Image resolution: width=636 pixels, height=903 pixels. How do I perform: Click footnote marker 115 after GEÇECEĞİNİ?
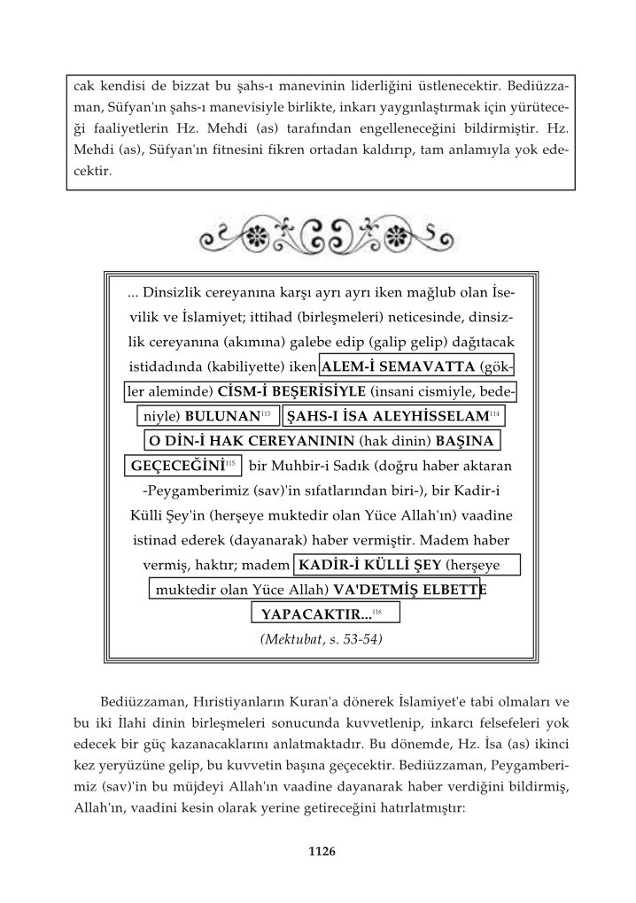[229, 463]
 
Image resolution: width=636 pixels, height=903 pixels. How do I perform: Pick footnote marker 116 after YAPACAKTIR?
[376, 611]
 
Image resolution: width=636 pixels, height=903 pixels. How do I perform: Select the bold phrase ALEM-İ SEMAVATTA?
[397, 367]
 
